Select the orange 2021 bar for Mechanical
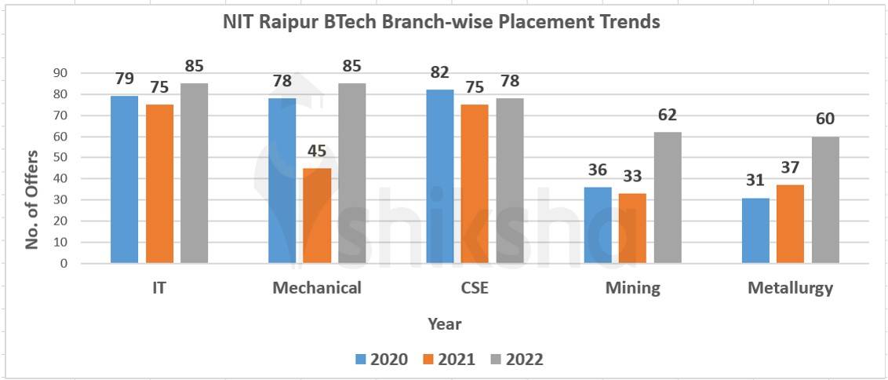(317, 215)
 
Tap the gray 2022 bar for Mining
(668, 197)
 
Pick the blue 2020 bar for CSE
(439, 176)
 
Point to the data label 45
(317, 151)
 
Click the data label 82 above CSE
(439, 73)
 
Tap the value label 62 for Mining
(668, 115)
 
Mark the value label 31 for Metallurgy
(755, 180)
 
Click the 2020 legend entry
(381, 360)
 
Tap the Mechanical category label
(317, 288)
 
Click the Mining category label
(632, 288)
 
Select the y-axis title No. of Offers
(32, 199)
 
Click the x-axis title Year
(444, 323)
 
